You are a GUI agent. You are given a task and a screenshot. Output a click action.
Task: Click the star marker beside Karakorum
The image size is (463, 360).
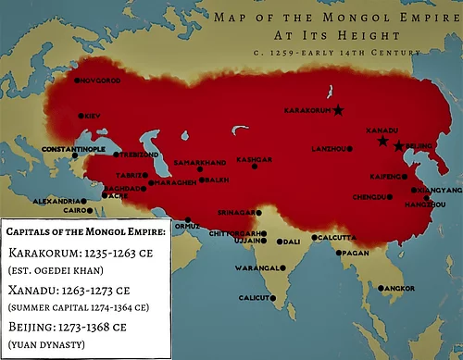click(x=337, y=111)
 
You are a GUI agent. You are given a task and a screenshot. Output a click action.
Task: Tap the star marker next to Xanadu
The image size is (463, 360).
click(x=382, y=142)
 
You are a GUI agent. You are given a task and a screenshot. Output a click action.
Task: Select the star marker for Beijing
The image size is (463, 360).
click(x=398, y=146)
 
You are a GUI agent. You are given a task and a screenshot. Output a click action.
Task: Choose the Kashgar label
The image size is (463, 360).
click(x=255, y=159)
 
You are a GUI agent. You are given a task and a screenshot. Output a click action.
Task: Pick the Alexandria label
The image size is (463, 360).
click(x=55, y=201)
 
